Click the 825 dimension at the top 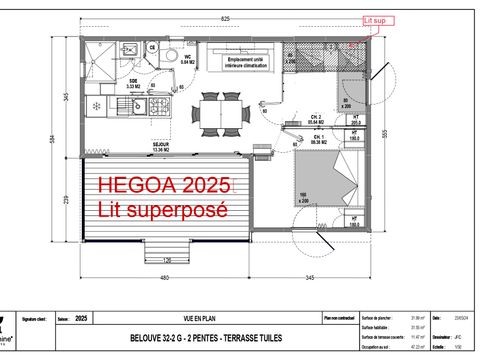click(x=226, y=19)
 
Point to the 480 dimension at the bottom click(x=163, y=276)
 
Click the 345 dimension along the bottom click(x=311, y=276)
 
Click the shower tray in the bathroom click(x=101, y=58)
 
